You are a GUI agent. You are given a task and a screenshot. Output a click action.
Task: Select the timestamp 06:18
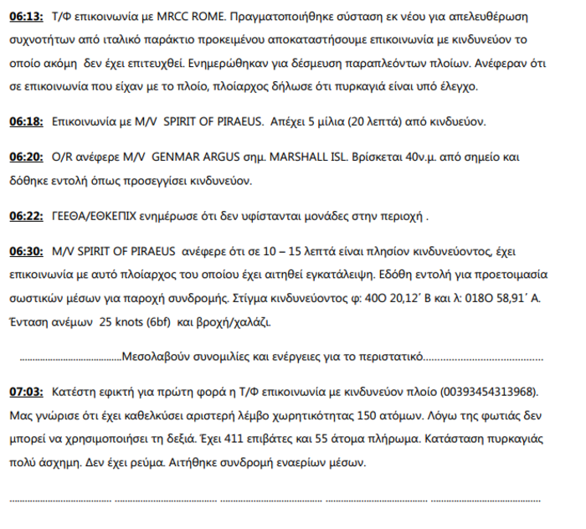tap(26, 121)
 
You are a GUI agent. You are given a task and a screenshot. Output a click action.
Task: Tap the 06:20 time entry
tap(26, 157)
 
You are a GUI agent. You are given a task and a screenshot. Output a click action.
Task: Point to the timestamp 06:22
tap(26, 215)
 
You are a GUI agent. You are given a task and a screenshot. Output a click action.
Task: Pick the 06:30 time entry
tap(26, 250)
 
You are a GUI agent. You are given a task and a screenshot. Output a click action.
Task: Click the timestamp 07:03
tap(26, 391)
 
